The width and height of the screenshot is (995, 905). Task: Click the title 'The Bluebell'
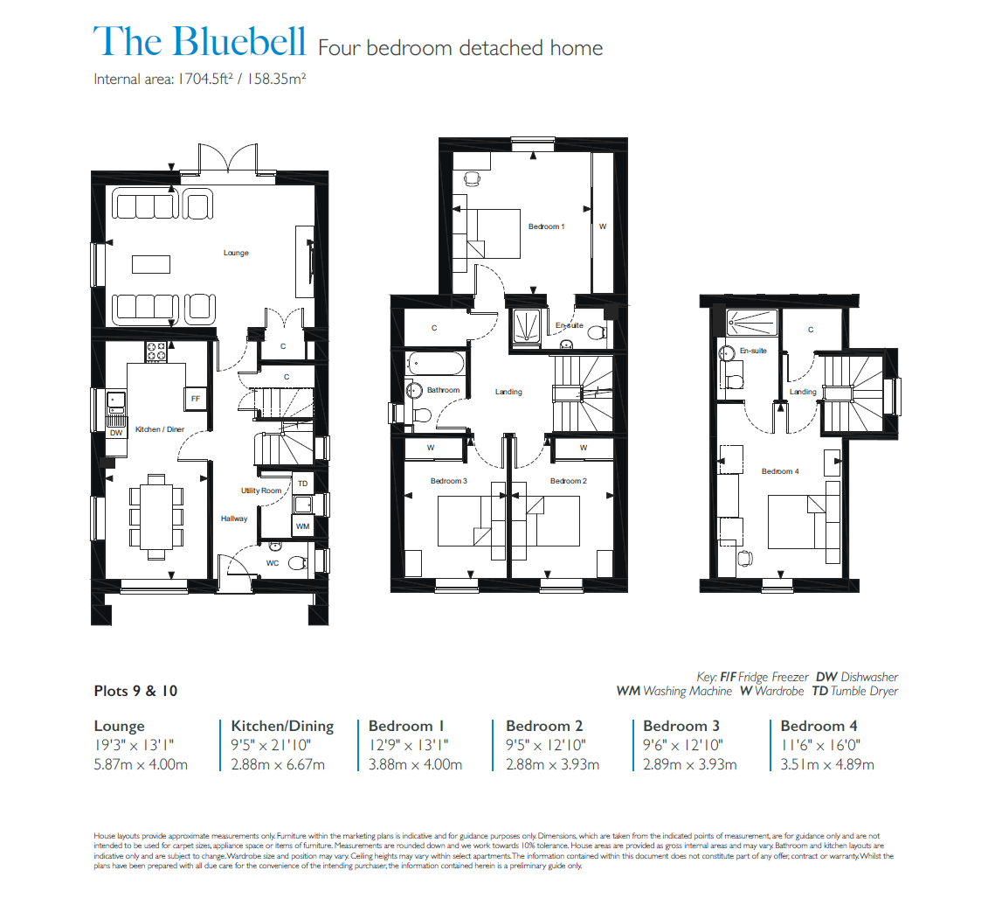pos(200,43)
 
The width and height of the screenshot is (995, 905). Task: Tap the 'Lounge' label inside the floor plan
pos(236,253)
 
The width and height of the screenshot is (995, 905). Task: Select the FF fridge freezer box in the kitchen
pos(196,399)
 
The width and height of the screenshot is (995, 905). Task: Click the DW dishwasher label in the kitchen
pos(116,433)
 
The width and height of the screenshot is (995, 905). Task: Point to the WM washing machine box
pos(302,526)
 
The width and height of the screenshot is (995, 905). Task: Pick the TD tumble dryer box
pos(302,484)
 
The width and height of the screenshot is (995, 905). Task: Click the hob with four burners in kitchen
pos(157,351)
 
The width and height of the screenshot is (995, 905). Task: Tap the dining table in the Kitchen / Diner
pos(156,515)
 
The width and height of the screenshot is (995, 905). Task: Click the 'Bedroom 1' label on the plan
pos(546,226)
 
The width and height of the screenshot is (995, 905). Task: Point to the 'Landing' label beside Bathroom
pos(508,392)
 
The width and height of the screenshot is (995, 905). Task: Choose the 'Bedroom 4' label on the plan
pos(779,471)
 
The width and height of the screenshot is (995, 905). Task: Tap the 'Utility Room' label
pos(261,491)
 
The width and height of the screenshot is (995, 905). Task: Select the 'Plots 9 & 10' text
pos(135,691)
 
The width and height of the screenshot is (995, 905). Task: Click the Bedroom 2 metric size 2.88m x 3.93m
pos(552,764)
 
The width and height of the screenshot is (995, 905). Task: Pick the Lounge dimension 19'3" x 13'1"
pos(134,745)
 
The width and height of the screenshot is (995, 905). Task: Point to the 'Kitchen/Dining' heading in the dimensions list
pos(282,726)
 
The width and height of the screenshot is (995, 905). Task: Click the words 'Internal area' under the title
pos(128,79)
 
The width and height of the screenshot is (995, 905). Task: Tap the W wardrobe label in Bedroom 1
pos(602,226)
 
